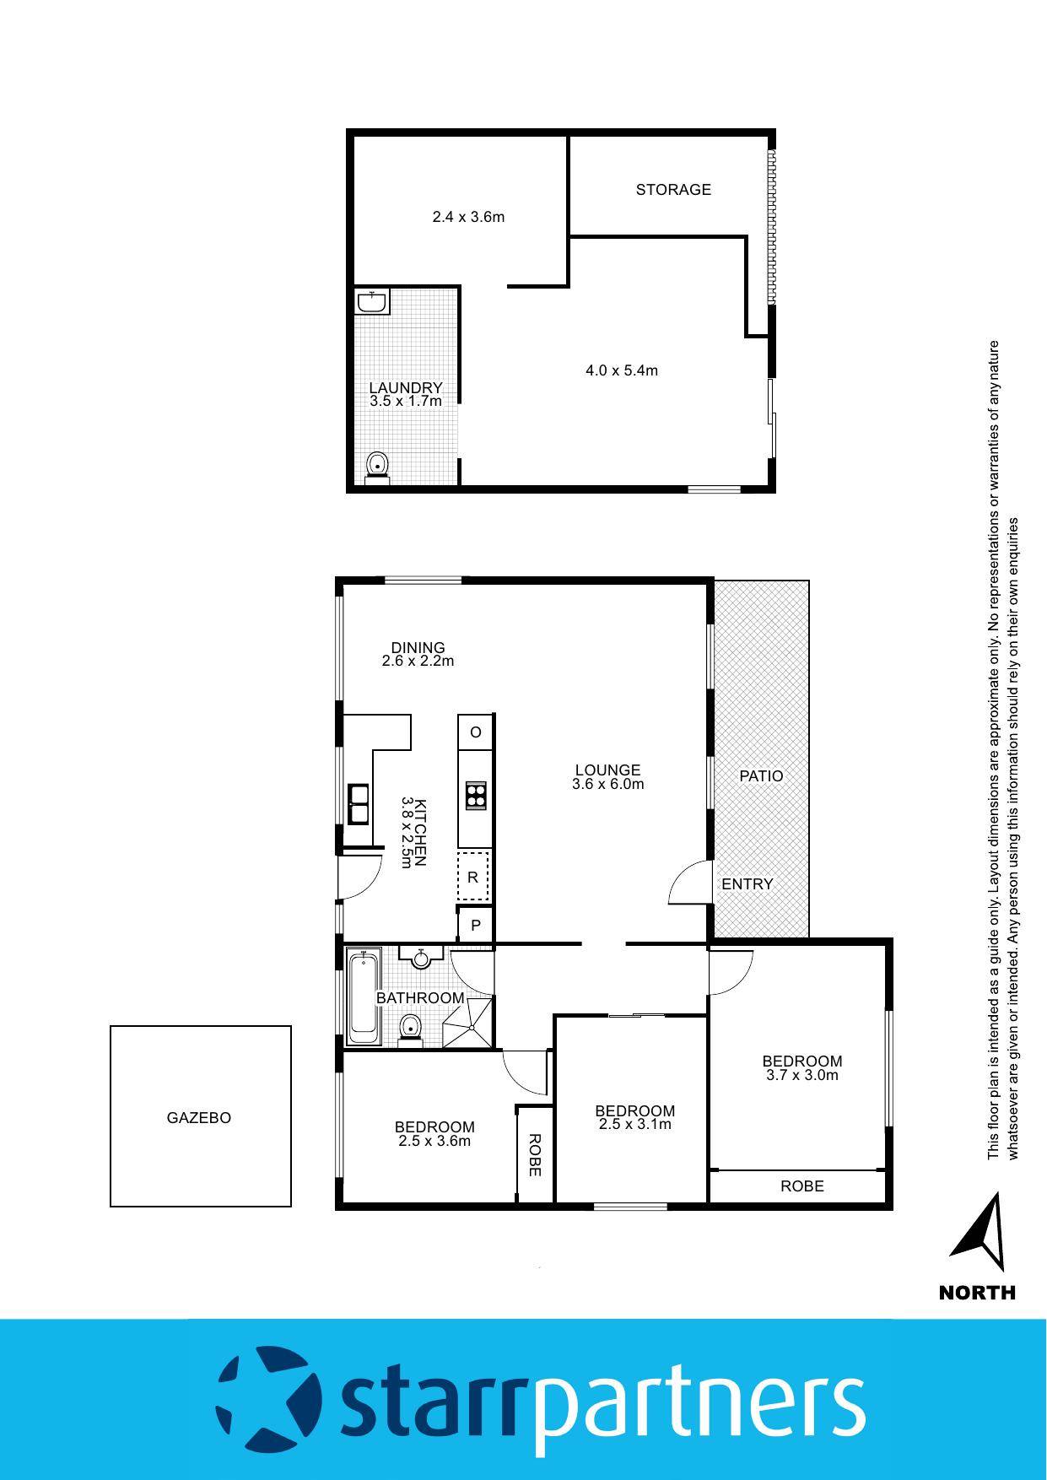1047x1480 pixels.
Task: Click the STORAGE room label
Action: [x=672, y=190]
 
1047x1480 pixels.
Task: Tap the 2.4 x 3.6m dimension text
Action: [x=468, y=217]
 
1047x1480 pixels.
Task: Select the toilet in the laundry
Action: [x=377, y=467]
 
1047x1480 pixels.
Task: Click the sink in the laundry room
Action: [x=371, y=302]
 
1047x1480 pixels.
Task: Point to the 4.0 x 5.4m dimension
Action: [x=621, y=370]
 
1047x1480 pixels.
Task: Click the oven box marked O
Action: [x=476, y=732]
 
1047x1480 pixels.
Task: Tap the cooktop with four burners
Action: [x=476, y=796]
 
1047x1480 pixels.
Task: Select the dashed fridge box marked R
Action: [x=473, y=877]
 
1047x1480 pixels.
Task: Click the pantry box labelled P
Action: [x=476, y=926]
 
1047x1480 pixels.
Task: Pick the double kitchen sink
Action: [x=359, y=803]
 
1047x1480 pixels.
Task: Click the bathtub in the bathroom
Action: [x=364, y=997]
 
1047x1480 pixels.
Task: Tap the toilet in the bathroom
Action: [x=410, y=1030]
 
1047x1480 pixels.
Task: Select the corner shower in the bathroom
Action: [x=469, y=1022]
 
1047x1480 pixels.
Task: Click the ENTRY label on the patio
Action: [x=747, y=884]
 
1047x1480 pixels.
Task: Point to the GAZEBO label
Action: [x=199, y=1118]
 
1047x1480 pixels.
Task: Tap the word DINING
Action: [x=418, y=648]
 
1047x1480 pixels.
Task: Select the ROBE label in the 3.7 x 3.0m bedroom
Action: [x=801, y=1186]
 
